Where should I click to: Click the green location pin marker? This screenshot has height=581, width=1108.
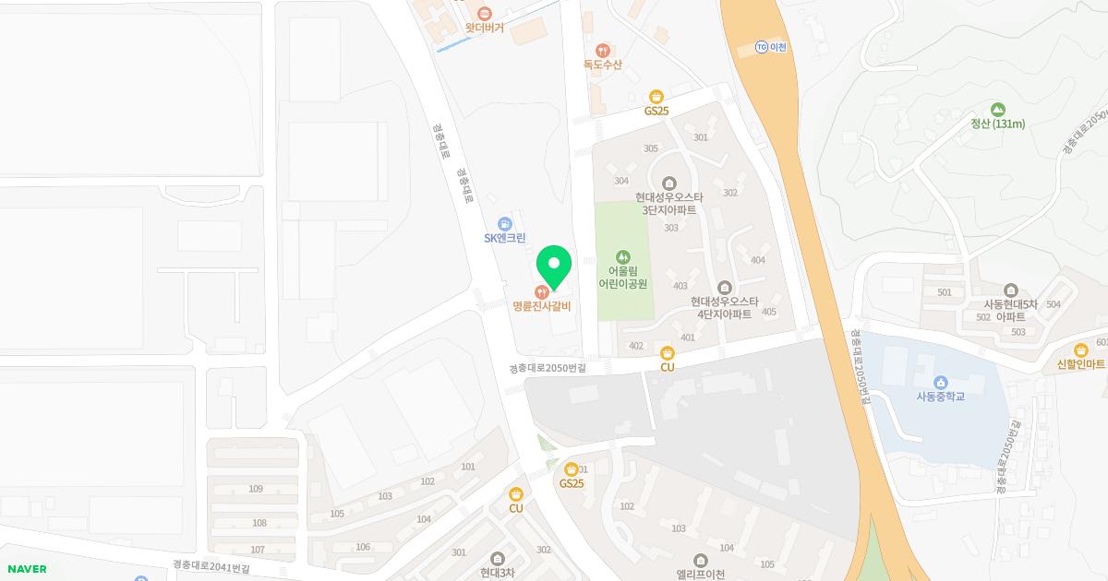coord(554,267)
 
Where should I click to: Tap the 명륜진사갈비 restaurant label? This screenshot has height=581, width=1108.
coord(542,306)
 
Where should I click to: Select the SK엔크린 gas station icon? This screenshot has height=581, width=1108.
coord(504,224)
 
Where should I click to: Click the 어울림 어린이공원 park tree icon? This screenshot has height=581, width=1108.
coord(623,255)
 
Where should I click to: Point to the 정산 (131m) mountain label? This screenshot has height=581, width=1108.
coord(997,124)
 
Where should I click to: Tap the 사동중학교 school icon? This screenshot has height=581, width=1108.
coord(940,383)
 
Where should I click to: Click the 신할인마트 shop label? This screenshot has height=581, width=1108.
coord(1080,364)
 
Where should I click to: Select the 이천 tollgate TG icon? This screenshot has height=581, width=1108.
coord(761,47)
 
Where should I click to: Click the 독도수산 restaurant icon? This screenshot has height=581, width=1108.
coord(602,50)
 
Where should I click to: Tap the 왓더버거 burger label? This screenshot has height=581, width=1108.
coord(484,28)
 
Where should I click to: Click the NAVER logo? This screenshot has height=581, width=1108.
coord(26,569)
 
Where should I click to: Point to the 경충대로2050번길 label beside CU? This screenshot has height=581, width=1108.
coord(548,367)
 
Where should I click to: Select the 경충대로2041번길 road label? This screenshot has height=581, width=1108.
coord(211,567)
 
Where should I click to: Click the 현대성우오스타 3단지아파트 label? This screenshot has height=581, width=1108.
coord(669,203)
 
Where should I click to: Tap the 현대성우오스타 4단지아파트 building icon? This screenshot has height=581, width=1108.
coord(724,287)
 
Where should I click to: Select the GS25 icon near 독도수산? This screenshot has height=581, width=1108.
coord(656,96)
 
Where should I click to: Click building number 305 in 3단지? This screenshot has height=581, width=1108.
coord(651,148)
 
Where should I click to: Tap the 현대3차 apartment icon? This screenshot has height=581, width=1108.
coord(498,558)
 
